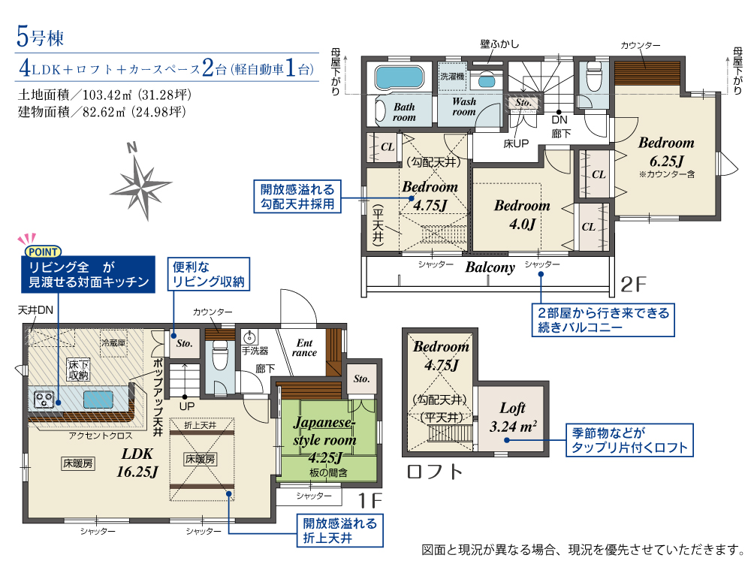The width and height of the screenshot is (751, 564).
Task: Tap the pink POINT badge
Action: [43, 252]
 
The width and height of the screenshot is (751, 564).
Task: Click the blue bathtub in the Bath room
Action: [399, 77]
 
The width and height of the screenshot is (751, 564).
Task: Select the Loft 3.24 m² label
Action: [513, 417]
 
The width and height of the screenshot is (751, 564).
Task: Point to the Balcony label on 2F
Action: [490, 267]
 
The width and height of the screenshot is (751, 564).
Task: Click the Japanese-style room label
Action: [324, 439]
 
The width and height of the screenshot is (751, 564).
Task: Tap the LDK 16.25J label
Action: [137, 463]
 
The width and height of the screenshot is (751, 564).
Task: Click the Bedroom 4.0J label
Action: [522, 215]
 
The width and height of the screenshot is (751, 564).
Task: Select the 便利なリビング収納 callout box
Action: [209, 274]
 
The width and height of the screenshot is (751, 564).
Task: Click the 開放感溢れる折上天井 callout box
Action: [340, 530]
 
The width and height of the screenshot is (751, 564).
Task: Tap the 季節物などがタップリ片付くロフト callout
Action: [630, 440]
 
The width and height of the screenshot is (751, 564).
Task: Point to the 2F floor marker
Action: [633, 285]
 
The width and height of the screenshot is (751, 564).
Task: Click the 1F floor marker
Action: [370, 501]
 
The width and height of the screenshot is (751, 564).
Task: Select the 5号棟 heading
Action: [41, 37]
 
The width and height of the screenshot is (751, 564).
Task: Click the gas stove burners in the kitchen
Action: [44, 400]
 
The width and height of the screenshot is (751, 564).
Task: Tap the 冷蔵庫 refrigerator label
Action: [113, 342]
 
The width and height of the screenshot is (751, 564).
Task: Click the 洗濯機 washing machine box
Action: [453, 76]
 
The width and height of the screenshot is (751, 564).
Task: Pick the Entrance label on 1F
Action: [305, 348]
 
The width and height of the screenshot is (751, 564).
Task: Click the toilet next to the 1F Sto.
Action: [220, 355]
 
